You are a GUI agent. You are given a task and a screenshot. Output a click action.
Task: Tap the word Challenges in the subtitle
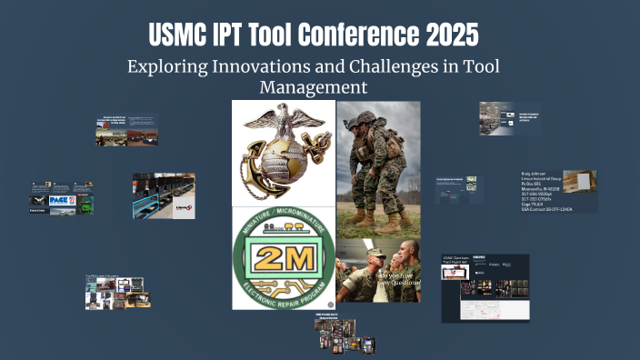(x=409, y=67)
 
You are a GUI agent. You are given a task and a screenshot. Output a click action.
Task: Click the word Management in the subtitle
(x=314, y=87)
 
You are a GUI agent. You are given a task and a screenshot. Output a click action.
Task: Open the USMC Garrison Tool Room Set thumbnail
(x=485, y=287)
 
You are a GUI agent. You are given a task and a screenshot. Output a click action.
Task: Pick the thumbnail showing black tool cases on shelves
(x=164, y=195)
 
